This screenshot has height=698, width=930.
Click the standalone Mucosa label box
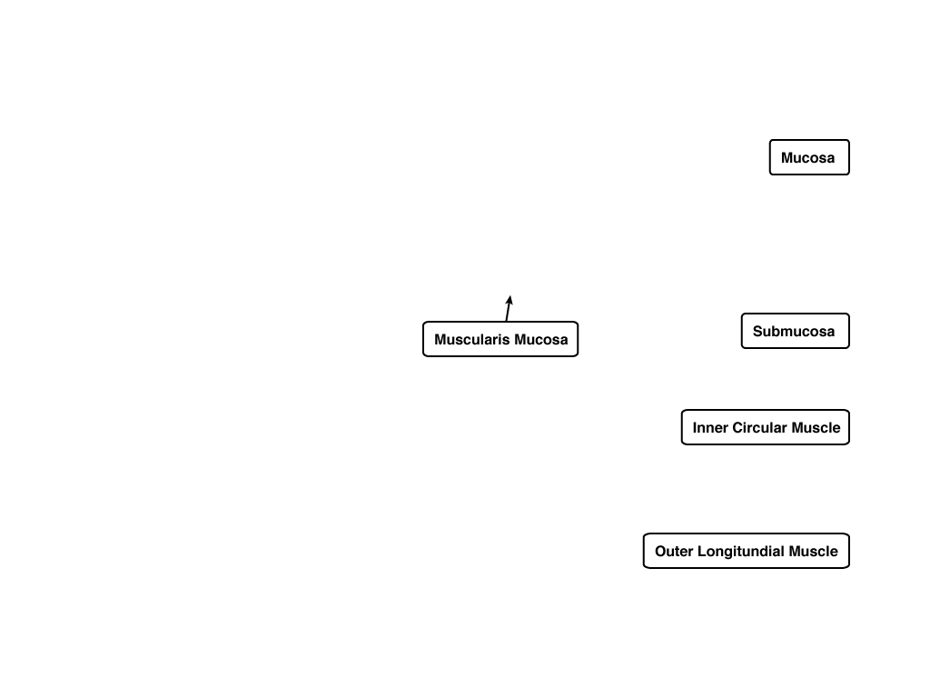(x=809, y=157)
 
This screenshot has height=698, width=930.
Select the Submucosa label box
(x=795, y=331)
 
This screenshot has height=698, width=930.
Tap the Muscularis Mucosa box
(x=500, y=340)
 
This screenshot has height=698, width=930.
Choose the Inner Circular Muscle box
(x=765, y=427)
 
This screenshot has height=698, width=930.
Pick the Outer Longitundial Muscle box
(x=747, y=551)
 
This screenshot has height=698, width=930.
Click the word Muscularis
(x=472, y=340)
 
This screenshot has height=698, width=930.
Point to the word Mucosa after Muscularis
(x=541, y=340)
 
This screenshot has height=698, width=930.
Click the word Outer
(x=674, y=552)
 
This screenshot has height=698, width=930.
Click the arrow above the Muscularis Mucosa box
(x=509, y=309)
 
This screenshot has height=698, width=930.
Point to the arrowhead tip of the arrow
(x=510, y=295)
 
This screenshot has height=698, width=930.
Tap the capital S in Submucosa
(x=758, y=331)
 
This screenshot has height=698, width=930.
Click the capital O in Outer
(x=661, y=552)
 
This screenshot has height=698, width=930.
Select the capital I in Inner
(x=695, y=428)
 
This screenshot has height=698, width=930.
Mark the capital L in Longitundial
(x=702, y=552)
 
